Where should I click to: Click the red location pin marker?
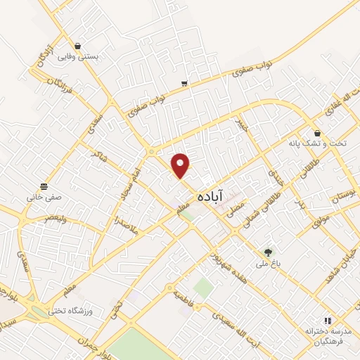click(x=181, y=165)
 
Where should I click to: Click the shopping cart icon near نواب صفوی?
click(x=184, y=84)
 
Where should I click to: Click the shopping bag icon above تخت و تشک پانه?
click(x=318, y=132)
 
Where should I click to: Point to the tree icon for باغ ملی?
click(x=267, y=252)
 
